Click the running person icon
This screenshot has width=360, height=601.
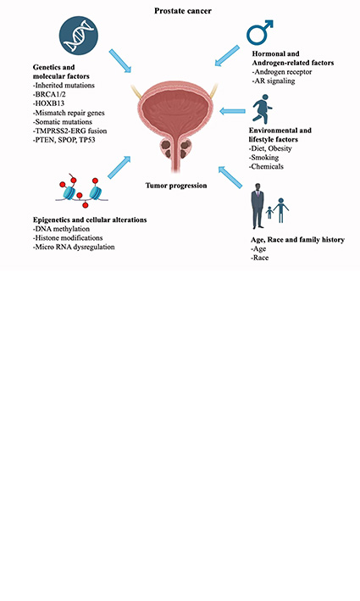coord(262,111)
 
